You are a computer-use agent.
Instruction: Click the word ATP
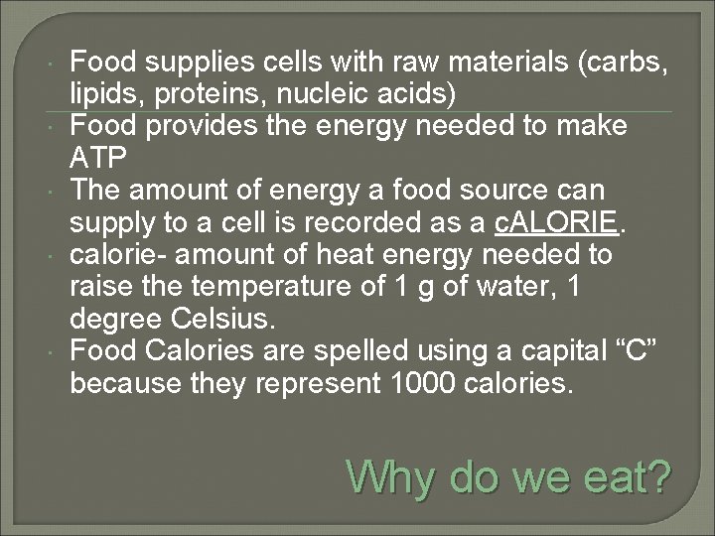[96, 158]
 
